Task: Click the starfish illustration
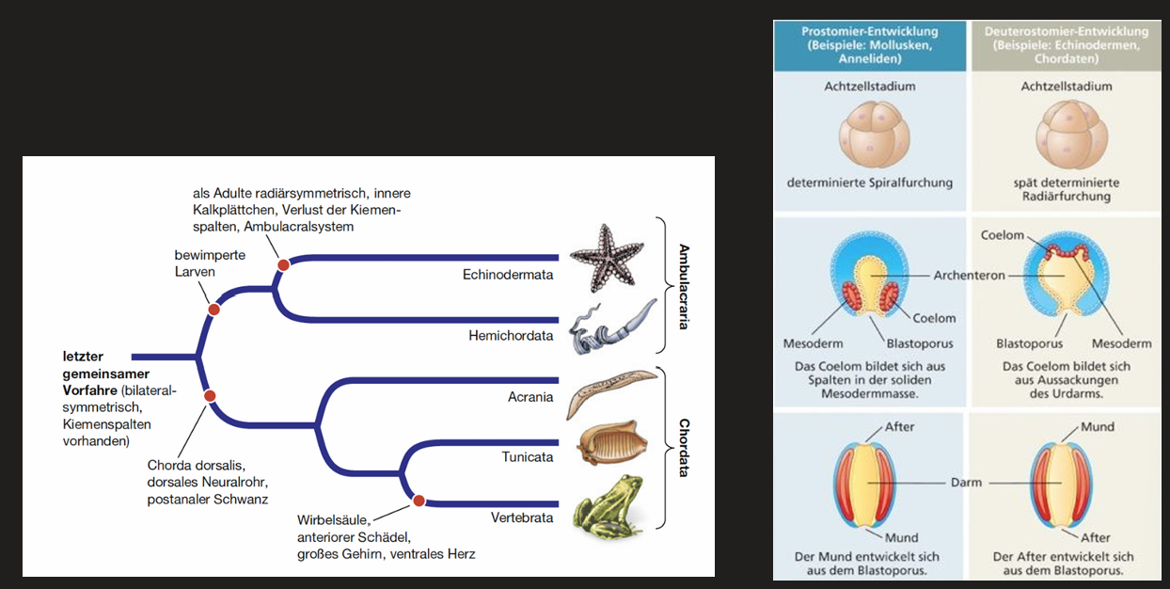click(x=607, y=258)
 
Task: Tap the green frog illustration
click(x=609, y=507)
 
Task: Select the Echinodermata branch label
click(x=508, y=275)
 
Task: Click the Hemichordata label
click(x=511, y=336)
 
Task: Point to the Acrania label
click(x=530, y=397)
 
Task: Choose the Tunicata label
click(x=528, y=457)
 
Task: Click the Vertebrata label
click(x=522, y=517)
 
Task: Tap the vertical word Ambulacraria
click(x=684, y=286)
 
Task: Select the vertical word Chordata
click(x=684, y=448)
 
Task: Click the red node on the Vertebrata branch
click(x=419, y=501)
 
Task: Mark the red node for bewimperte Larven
click(x=213, y=310)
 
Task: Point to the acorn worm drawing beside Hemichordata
click(x=611, y=326)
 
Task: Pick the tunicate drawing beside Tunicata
click(x=612, y=442)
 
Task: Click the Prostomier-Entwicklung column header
click(x=870, y=45)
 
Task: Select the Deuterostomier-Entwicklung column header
click(x=1066, y=45)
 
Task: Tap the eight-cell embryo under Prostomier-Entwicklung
click(x=874, y=135)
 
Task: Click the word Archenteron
click(x=969, y=276)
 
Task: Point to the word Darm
click(x=966, y=483)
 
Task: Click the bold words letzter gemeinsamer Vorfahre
click(x=106, y=374)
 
